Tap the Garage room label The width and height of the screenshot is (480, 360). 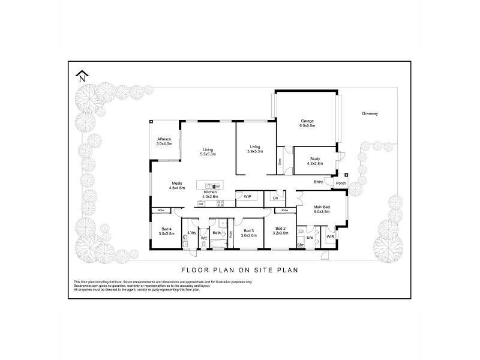(307, 121)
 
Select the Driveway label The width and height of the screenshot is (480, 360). (370, 113)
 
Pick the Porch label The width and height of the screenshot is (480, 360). (341, 184)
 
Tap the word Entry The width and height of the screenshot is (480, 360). (318, 181)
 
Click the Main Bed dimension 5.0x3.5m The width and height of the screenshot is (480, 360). (322, 212)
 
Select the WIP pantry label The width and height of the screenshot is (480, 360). (247, 196)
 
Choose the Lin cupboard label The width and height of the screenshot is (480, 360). (275, 197)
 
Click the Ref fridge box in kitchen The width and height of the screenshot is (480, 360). (201, 205)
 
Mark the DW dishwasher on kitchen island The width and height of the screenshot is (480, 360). (217, 187)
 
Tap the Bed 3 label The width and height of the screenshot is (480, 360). (249, 230)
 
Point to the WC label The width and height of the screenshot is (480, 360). (203, 238)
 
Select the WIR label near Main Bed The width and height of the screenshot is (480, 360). (329, 237)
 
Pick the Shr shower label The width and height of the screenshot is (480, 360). (300, 245)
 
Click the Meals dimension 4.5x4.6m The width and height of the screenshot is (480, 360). (176, 188)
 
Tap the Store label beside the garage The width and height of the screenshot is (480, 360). (280, 161)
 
